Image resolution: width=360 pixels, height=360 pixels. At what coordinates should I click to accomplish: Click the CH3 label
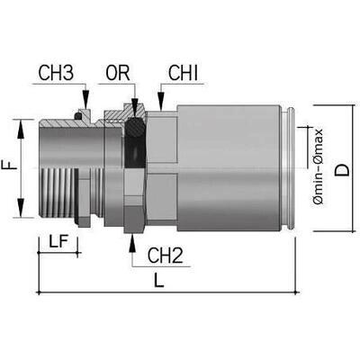pyautogui.click(x=56, y=73)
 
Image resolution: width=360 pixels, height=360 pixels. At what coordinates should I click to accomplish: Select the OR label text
pyautogui.click(x=118, y=73)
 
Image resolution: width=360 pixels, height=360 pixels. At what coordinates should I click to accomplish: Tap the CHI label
pyautogui.click(x=184, y=73)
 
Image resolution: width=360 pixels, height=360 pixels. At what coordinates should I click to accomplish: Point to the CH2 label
pyautogui.click(x=166, y=256)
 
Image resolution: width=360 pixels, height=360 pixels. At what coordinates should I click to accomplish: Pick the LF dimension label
pyautogui.click(x=58, y=241)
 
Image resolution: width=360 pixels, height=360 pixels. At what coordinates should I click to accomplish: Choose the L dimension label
pyautogui.click(x=159, y=281)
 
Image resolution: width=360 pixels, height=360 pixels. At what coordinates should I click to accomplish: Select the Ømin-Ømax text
pyautogui.click(x=318, y=166)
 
